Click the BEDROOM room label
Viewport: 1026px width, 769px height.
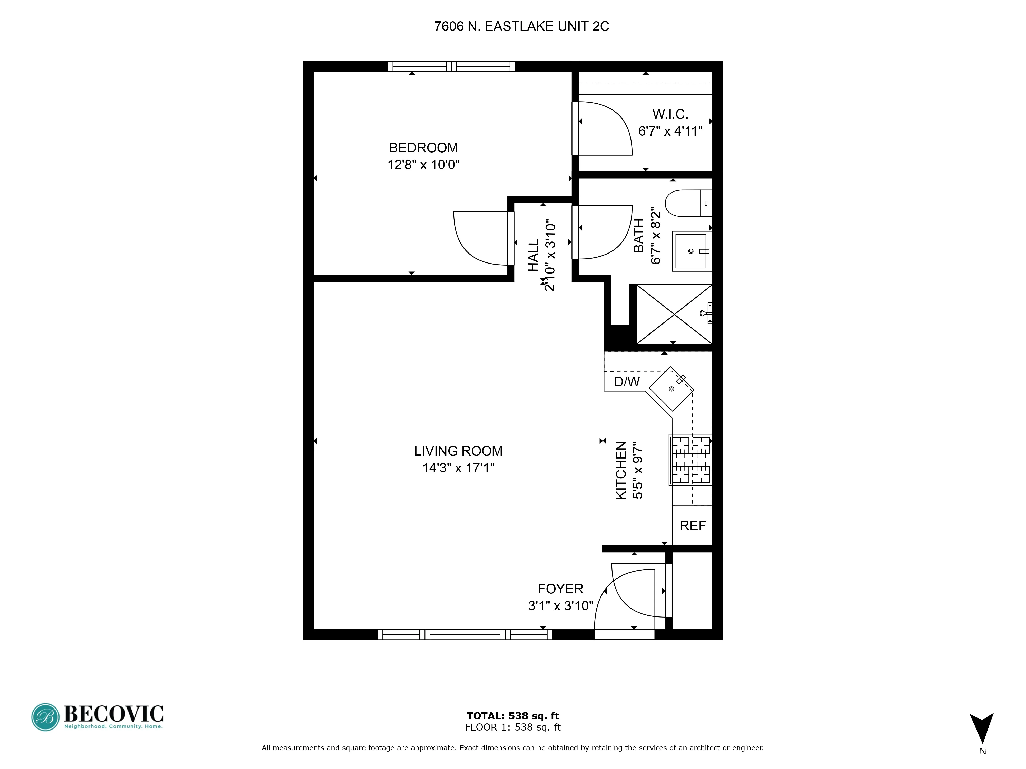coord(423,148)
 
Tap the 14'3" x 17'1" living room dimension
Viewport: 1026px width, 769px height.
coord(458,468)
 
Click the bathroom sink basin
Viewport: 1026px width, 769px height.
coord(691,251)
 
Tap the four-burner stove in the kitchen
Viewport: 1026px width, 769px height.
coord(690,459)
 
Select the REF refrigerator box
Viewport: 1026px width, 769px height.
coord(693,525)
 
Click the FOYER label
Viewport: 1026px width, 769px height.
coord(560,589)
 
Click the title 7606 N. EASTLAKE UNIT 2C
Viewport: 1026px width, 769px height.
coord(521,26)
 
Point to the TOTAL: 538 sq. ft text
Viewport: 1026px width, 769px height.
coord(512,716)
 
